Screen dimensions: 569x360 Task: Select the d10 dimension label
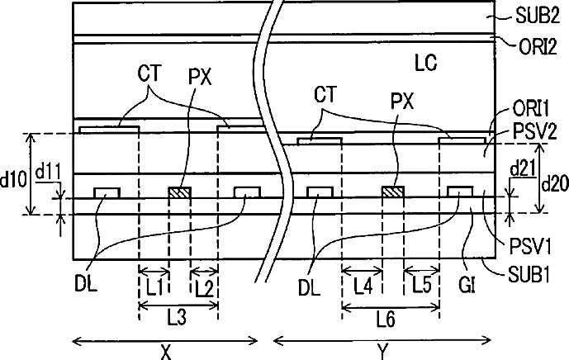click(x=12, y=178)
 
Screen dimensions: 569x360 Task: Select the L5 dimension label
click(x=421, y=287)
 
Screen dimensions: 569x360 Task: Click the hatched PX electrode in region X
click(x=179, y=192)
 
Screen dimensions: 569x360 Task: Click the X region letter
click(x=165, y=351)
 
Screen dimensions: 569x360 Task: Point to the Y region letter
click(x=382, y=351)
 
